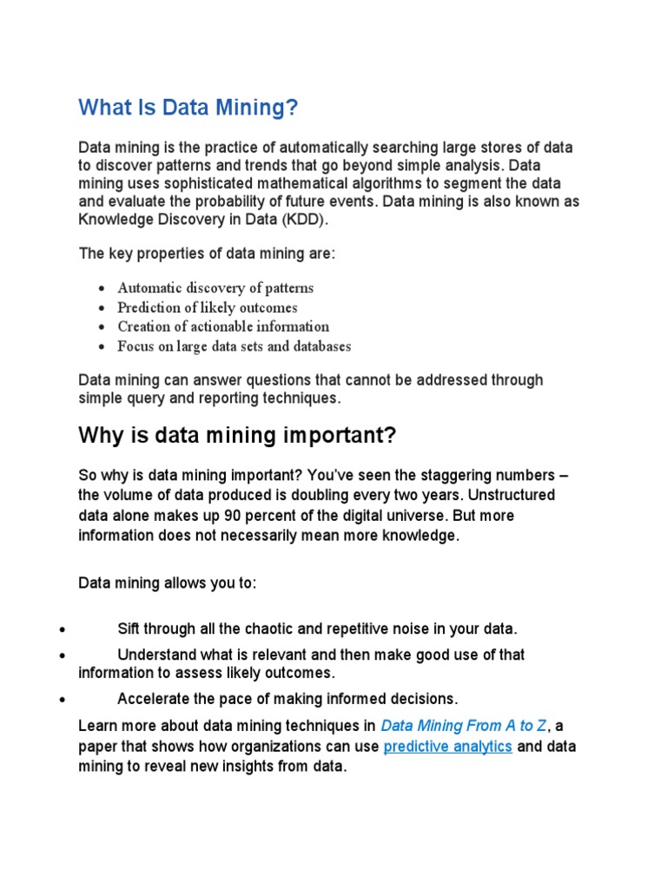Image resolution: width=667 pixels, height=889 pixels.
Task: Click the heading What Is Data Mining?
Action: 188,108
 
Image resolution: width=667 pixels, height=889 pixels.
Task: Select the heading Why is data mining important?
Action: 237,435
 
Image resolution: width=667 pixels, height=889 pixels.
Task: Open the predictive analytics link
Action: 447,747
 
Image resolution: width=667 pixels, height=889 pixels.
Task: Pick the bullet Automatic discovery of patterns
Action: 215,288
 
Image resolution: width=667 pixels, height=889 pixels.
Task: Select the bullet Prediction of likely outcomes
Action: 208,307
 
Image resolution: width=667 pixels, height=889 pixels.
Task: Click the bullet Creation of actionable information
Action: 223,326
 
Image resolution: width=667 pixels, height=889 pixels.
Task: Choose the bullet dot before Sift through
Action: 61,629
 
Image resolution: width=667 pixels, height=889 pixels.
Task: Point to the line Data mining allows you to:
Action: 168,583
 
